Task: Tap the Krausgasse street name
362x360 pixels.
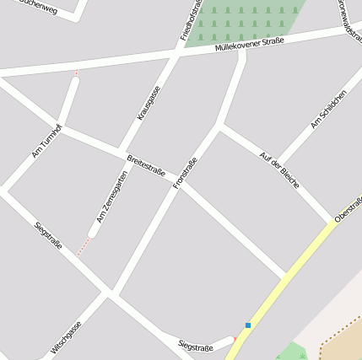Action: click(148, 104)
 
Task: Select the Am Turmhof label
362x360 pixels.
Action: click(46, 141)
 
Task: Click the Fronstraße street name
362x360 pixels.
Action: click(185, 173)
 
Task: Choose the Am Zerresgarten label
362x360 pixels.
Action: click(111, 197)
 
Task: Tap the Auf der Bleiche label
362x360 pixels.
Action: click(279, 169)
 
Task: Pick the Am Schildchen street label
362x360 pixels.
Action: click(328, 110)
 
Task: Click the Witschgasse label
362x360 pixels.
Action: click(67, 336)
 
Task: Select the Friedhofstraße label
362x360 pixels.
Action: click(187, 21)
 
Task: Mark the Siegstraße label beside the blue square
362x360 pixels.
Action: click(196, 347)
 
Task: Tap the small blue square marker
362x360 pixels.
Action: click(248, 325)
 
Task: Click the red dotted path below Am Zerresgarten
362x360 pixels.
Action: click(83, 246)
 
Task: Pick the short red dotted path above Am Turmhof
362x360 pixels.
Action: click(77, 73)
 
